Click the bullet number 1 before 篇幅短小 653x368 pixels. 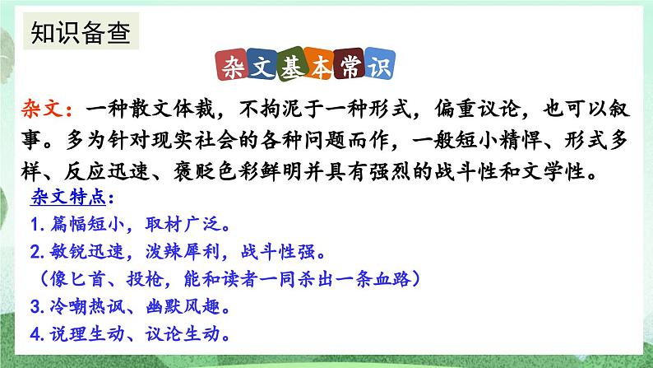pos(36,224)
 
